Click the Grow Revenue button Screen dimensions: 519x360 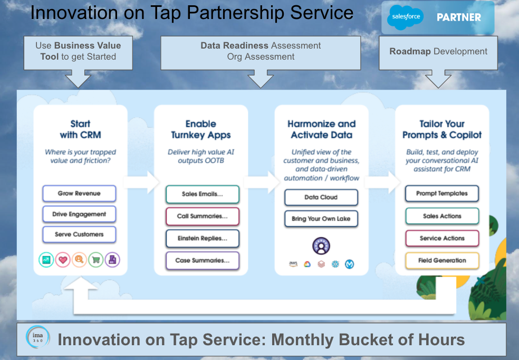click(x=79, y=193)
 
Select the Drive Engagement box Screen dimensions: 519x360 click(x=79, y=214)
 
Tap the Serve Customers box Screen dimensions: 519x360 click(x=79, y=234)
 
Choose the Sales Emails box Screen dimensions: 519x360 click(x=202, y=194)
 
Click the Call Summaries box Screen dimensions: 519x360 click(x=202, y=216)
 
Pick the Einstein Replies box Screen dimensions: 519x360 click(x=202, y=239)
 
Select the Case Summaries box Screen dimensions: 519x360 click(x=202, y=261)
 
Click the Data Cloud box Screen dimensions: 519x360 click(x=321, y=197)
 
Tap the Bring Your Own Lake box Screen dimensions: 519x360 click(x=321, y=219)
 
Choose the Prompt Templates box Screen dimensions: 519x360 click(x=442, y=193)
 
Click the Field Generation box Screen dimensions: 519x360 click(x=442, y=261)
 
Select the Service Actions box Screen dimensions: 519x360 click(x=442, y=239)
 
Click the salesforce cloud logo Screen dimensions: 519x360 click(x=406, y=16)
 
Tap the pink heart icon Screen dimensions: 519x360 click(x=63, y=260)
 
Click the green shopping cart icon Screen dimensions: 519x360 click(x=96, y=260)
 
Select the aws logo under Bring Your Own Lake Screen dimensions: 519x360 click(x=293, y=264)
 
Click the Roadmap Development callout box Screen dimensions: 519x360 click(x=438, y=53)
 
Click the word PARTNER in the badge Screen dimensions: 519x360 click(x=459, y=17)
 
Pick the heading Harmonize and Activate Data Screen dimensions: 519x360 click(x=321, y=129)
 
